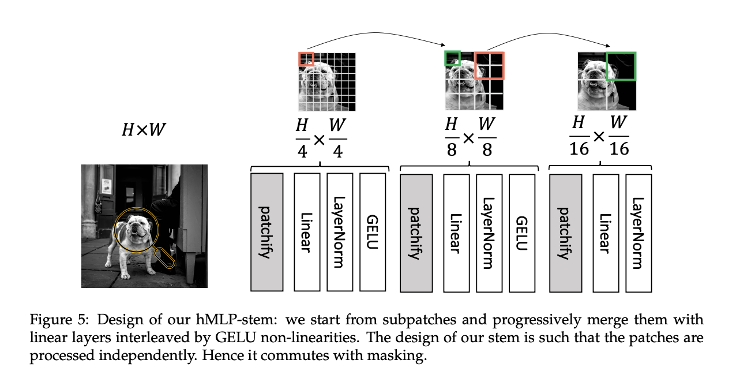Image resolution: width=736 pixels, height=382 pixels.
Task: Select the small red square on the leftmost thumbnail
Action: tap(306, 59)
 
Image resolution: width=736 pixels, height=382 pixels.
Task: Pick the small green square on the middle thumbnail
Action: tap(452, 58)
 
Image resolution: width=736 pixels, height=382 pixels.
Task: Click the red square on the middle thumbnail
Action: tap(489, 65)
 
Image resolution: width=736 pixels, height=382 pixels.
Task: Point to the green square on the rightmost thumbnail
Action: tap(621, 66)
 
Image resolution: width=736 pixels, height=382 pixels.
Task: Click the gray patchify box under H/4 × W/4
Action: tap(266, 231)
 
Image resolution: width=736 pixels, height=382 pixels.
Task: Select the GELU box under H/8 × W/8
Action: tap(521, 231)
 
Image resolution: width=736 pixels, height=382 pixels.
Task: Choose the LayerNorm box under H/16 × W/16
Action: tap(637, 231)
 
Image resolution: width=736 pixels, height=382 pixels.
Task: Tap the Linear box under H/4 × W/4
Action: tap(307, 231)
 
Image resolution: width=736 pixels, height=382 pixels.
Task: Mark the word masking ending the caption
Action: tap(401, 356)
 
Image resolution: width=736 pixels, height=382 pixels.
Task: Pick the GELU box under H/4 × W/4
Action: tap(372, 231)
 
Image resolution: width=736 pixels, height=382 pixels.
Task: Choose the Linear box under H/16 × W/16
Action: tap(604, 231)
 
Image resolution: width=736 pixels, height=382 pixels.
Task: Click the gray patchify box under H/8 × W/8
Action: tap(416, 231)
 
